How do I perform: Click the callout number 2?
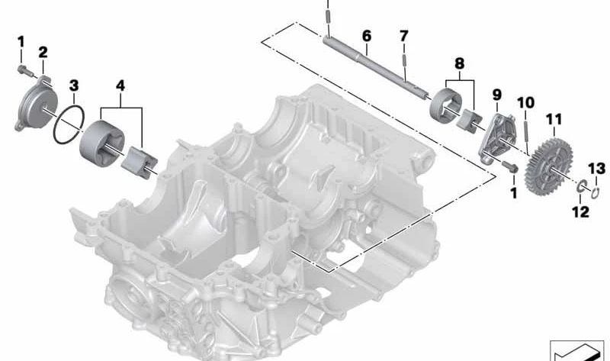point(43,52)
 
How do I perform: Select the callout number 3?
point(74,85)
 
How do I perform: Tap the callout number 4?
point(120,85)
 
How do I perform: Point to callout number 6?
point(367,36)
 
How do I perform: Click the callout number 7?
point(404,36)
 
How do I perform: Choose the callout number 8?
point(460,63)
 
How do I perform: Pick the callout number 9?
point(497,95)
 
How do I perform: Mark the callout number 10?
point(526,103)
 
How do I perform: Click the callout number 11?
point(554,119)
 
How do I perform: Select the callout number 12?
point(580,211)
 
